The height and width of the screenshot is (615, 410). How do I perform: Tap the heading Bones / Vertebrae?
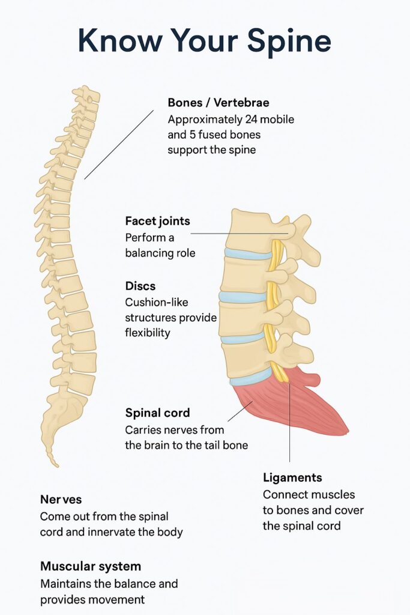218,103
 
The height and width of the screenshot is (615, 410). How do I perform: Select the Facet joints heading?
157,220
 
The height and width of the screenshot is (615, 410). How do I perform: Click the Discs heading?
140,285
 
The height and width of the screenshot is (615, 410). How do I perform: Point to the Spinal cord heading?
157,413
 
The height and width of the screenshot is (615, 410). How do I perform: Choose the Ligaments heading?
292,477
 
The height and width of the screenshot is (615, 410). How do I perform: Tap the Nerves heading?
61,499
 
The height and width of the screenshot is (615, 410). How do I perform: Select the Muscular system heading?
91,566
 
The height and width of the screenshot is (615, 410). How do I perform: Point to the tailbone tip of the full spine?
55,462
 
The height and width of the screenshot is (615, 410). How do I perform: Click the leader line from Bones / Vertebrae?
118,145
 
